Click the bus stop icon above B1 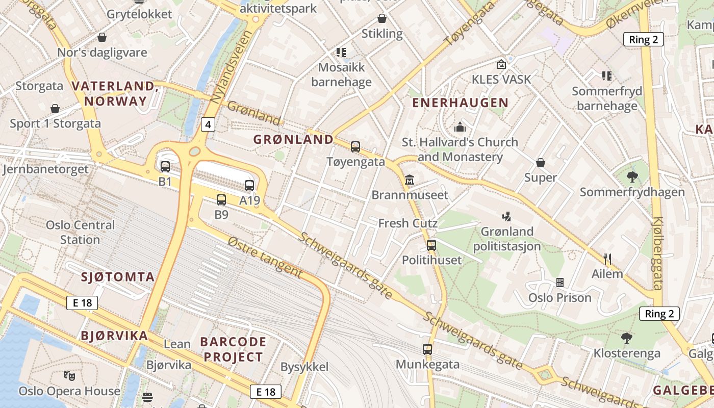pos(165,167)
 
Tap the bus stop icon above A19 pos(249,186)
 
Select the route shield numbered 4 pos(208,124)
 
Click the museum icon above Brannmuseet pos(410,180)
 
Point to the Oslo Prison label pos(559,297)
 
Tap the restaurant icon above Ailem pos(607,259)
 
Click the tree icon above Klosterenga pos(626,338)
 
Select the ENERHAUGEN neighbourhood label pos(460,103)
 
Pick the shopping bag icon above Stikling pos(381,19)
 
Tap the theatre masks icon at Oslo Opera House pos(69,376)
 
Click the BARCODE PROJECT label pos(233,349)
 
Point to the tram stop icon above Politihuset pos(431,245)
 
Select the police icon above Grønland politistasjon pos(506,217)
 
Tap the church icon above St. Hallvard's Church pos(460,127)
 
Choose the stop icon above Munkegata pos(427,349)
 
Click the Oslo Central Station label pos(80,232)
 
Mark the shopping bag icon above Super pos(541,163)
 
